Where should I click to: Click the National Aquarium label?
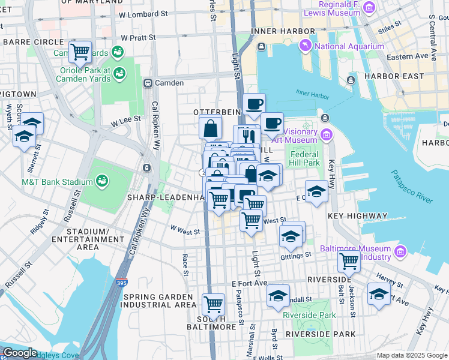(x=349, y=46)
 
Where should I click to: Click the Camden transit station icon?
(x=147, y=83)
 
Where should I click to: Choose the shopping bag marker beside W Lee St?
(x=211, y=127)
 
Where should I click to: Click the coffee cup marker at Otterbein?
(x=253, y=104)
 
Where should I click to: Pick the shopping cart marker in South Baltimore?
(x=213, y=305)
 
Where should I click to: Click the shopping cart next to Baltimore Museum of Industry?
(x=348, y=261)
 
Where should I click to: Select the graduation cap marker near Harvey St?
(x=378, y=295)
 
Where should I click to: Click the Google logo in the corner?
(x=20, y=353)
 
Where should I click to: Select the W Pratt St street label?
(x=138, y=37)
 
